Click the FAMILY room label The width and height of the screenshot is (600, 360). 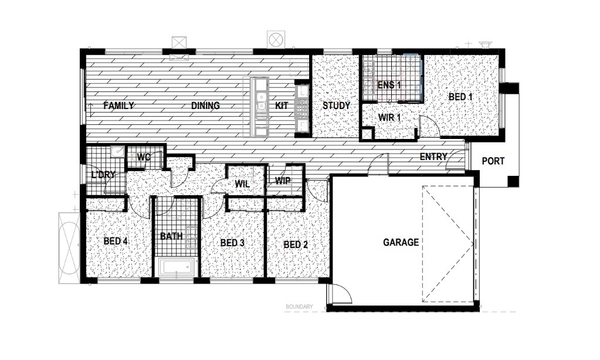coord(118,106)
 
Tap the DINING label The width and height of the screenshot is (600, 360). coord(205,106)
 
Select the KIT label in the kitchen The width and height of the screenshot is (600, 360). coord(282,106)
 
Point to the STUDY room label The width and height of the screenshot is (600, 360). coord(336,106)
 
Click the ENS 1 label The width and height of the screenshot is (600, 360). coord(389,85)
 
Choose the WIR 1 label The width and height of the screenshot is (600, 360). coord(389,117)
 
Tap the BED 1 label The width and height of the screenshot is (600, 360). coord(461,97)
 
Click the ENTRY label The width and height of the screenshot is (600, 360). coord(433,157)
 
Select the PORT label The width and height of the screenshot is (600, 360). coord(493,161)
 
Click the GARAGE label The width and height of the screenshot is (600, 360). coord(401,242)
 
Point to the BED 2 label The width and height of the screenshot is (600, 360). coord(296,244)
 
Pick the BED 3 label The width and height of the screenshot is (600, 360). coord(232,243)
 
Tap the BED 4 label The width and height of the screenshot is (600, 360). coord(116,242)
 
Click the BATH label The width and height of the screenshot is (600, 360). coord(171,236)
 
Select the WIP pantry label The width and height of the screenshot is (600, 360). coord(283,181)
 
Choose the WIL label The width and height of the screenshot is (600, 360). coord(242,184)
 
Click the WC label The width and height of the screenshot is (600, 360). coord(144,157)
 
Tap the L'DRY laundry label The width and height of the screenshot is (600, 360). coord(103,175)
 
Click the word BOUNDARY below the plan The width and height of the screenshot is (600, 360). coord(299,307)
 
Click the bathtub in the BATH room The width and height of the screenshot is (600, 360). coord(177,267)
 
